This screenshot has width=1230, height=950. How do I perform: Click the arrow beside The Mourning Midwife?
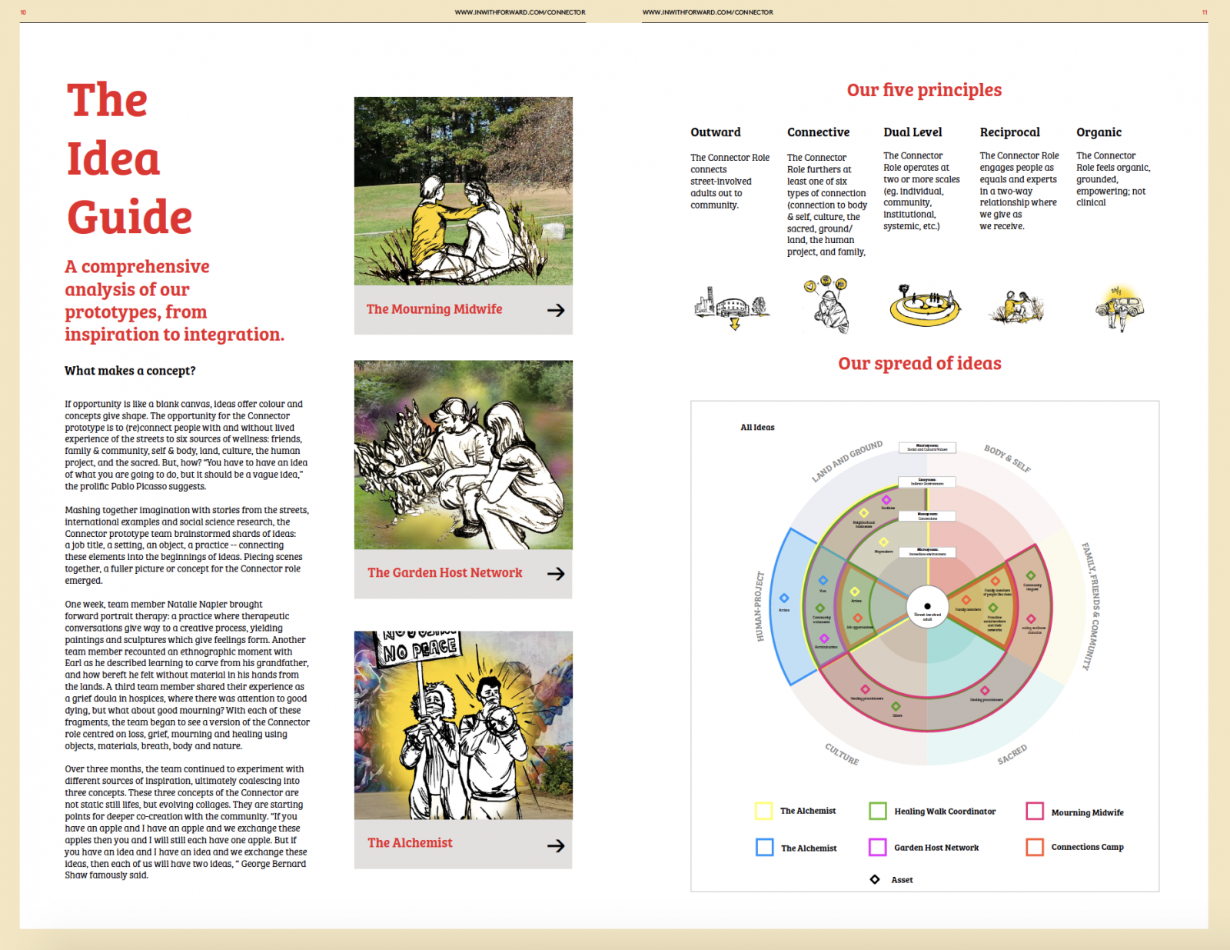point(556,310)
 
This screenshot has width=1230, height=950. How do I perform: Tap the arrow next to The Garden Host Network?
point(556,574)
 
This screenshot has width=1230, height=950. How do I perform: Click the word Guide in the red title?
point(129,218)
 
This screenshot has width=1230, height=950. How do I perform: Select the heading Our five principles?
point(924,90)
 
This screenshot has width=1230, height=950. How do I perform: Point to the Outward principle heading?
point(715,132)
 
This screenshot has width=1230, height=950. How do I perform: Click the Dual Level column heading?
point(913,132)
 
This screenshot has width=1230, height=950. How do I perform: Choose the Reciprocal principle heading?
point(1009,132)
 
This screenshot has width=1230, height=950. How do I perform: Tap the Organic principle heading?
point(1099,132)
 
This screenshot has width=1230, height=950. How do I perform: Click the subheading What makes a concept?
point(130,371)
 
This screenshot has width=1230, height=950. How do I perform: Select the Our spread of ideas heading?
point(919,363)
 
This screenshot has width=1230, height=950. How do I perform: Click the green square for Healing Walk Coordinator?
point(878,811)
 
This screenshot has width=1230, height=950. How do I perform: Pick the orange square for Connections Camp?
point(1035,847)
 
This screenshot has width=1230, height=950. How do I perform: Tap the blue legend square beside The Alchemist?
point(764,847)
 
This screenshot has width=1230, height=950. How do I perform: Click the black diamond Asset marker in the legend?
point(875,879)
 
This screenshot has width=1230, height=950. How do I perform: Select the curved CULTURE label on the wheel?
point(842,754)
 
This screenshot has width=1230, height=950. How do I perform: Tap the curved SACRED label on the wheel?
point(1012,755)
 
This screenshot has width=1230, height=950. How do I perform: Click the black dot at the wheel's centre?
point(927,606)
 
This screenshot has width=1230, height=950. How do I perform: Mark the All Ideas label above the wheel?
point(757,428)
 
